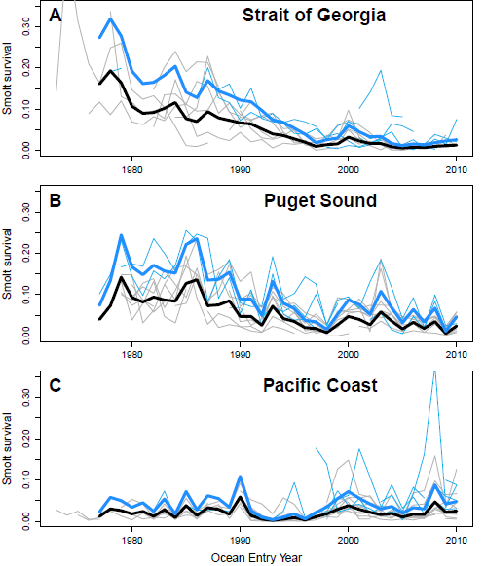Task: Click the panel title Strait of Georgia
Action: coord(314,16)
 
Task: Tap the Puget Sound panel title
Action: coord(320,200)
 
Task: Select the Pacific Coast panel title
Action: coord(320,385)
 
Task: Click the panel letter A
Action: coord(55,16)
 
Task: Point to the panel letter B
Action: coord(55,200)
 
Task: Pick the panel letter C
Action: coord(55,385)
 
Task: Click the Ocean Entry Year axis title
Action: coord(256,558)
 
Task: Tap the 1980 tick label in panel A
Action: coord(131,169)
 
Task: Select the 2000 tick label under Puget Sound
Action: coord(348,355)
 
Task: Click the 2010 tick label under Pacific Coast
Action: coord(457,541)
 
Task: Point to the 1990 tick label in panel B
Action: coord(240,355)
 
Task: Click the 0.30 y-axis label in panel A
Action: coord(26,26)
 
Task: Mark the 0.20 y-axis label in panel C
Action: coord(26,439)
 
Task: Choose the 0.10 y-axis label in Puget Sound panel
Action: coord(26,295)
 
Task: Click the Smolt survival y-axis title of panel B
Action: coord(7,264)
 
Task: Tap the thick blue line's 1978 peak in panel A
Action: coord(111,18)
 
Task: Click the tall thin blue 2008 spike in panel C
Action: coord(435,372)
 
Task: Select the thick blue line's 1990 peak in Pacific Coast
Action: coord(240,477)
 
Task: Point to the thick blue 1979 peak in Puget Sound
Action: coord(122,235)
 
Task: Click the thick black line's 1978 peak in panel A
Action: coord(111,71)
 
